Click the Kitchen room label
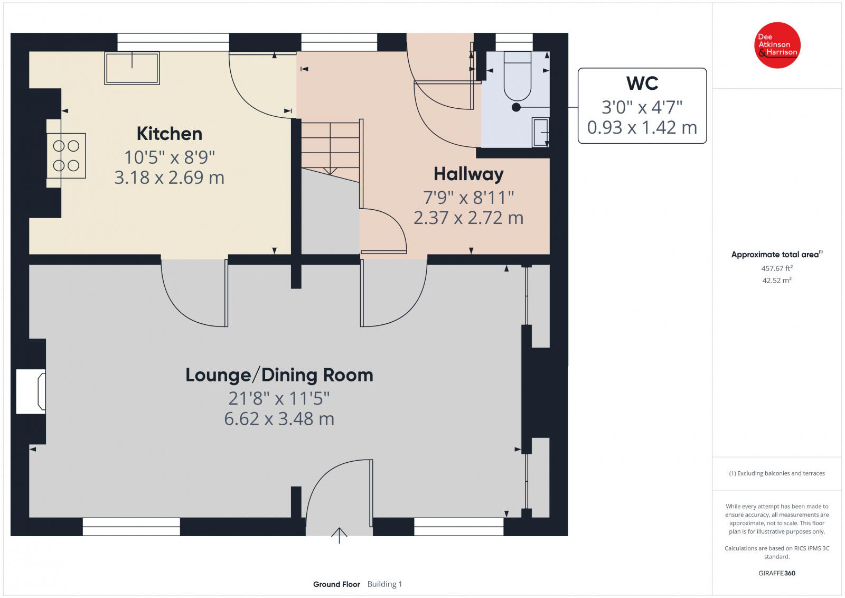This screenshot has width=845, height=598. [170, 134]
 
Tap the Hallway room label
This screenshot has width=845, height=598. [468, 174]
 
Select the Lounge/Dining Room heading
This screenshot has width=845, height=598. [279, 375]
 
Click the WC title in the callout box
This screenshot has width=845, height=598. [642, 83]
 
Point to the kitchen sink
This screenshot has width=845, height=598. [132, 68]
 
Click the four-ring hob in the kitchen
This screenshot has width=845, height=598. [67, 155]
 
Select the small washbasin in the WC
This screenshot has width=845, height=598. [540, 132]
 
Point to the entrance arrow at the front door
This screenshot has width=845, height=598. [339, 535]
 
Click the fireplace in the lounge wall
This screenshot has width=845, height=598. [31, 391]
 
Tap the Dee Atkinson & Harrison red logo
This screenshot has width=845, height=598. [777, 45]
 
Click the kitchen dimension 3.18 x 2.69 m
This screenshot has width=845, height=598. [170, 177]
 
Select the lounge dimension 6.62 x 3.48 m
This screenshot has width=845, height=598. [279, 419]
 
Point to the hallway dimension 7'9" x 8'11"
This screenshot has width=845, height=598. [468, 198]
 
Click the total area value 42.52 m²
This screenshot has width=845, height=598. [777, 281]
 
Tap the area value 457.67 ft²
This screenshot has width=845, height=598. [777, 268]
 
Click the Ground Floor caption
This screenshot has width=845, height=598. [336, 584]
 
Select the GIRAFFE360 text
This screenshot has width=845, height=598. [777, 573]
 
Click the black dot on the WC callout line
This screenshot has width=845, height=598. [516, 108]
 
